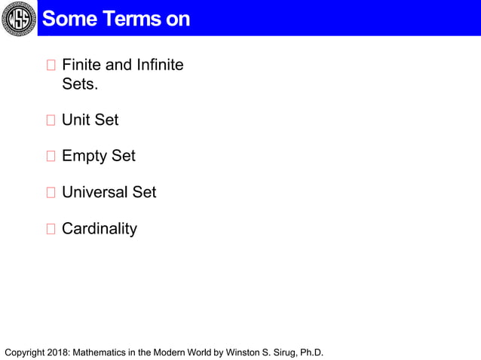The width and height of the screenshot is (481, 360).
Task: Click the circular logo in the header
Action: [x=17, y=18]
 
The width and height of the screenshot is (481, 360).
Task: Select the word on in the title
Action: [x=178, y=19]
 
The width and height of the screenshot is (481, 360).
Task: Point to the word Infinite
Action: [x=159, y=65]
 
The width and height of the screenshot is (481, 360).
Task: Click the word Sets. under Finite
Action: [x=80, y=84]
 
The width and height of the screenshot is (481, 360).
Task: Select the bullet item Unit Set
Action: [x=90, y=120]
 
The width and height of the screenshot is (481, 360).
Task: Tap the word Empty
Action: [x=84, y=157]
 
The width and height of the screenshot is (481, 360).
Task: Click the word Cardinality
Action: [x=100, y=229]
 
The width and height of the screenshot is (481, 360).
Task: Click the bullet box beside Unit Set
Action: [x=51, y=121]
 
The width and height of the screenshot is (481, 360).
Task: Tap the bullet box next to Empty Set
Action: [x=51, y=157]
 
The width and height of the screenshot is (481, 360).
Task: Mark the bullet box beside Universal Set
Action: [x=51, y=193]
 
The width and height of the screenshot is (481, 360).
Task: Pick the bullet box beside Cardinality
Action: [x=51, y=229]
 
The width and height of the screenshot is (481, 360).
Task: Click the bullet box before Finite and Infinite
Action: [x=51, y=66]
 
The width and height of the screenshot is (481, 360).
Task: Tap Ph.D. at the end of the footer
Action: [x=311, y=352]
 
